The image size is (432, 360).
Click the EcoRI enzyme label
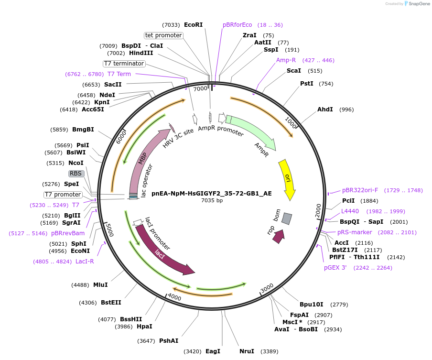[193, 25]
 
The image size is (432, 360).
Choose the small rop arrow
[278, 236]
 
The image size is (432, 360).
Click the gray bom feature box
[286, 218]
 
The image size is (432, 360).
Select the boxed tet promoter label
[164, 35]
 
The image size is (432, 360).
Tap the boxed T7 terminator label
[124, 64]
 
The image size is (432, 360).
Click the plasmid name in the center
[212, 194]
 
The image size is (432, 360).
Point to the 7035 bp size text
[212, 201]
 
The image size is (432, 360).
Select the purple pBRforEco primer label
[237, 25]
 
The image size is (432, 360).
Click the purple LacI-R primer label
[85, 262]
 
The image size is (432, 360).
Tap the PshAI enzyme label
[169, 341]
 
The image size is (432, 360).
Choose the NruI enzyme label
[247, 351]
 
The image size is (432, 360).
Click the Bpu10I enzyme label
[311, 305]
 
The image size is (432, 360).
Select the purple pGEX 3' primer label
[335, 268]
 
